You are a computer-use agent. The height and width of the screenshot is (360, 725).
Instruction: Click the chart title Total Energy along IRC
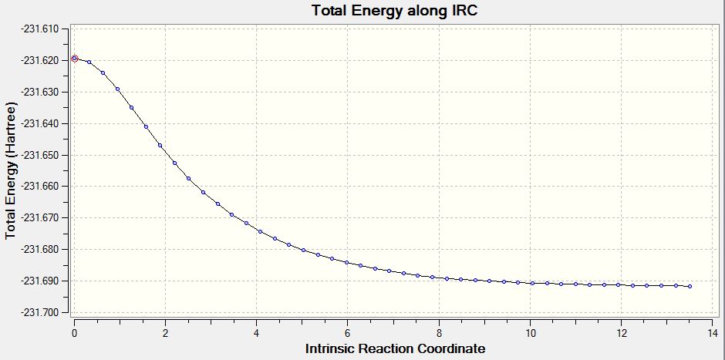pyautogui.click(x=394, y=10)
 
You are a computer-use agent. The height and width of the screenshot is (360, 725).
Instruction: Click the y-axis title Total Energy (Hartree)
pyautogui.click(x=11, y=171)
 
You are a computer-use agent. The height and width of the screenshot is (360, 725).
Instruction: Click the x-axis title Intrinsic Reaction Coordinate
pyautogui.click(x=396, y=348)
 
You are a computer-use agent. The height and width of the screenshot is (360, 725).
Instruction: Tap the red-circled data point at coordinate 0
pyautogui.click(x=75, y=59)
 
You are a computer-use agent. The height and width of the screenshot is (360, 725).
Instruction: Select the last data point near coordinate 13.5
pyautogui.click(x=690, y=287)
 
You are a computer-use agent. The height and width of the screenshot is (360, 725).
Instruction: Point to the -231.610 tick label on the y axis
pyautogui.click(x=45, y=29)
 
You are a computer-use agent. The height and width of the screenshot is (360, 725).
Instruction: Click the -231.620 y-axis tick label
pyautogui.click(x=45, y=61)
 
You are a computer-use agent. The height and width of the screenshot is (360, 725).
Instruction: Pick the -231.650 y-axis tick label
pyautogui.click(x=45, y=155)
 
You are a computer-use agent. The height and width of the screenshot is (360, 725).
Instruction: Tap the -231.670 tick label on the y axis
pyautogui.click(x=45, y=217)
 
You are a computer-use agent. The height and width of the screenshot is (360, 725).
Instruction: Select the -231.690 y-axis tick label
pyautogui.click(x=45, y=281)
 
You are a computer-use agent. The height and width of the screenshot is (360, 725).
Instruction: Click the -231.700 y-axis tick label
pyautogui.click(x=45, y=312)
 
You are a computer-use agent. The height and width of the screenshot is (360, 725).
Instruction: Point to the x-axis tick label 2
pyautogui.click(x=165, y=333)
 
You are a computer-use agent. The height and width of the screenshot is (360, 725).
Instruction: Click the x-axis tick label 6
pyautogui.click(x=347, y=333)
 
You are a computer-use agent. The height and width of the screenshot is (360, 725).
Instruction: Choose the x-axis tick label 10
pyautogui.click(x=530, y=333)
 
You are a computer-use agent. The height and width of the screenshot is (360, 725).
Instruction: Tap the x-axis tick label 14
pyautogui.click(x=713, y=333)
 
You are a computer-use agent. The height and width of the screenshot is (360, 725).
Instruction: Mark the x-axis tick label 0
pyautogui.click(x=74, y=333)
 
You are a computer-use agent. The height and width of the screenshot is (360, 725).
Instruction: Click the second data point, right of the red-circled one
pyautogui.click(x=89, y=62)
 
